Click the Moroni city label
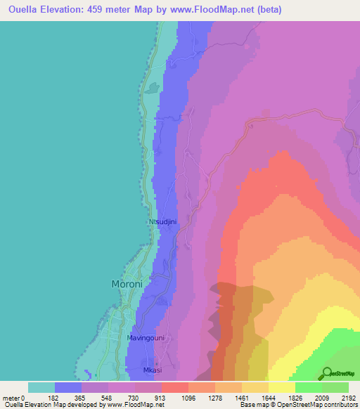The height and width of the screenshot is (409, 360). [128, 284]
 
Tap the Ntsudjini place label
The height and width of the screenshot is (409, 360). [163, 222]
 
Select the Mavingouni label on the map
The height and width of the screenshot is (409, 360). [146, 338]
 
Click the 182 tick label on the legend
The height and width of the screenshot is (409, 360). [54, 398]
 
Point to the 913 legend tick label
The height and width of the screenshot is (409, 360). [161, 398]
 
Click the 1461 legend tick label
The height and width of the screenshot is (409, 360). [241, 398]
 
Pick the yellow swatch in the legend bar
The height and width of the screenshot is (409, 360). [281, 387]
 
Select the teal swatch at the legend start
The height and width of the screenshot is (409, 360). [41, 387]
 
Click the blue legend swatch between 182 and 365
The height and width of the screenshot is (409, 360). [68, 387]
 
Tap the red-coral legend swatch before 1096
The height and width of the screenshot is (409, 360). [174, 387]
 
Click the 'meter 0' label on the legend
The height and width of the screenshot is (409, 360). [15, 398]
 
